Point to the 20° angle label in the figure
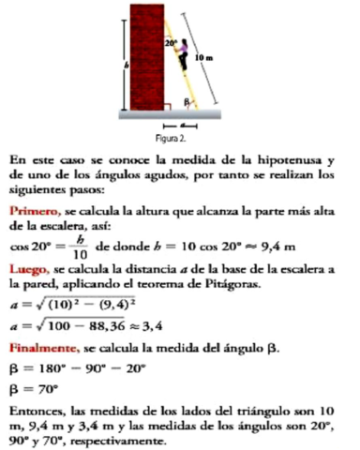click(170, 43)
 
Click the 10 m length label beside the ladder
click(210, 57)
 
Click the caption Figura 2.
click(180, 140)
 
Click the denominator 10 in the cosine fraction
click(79, 253)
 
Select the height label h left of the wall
click(126, 65)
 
